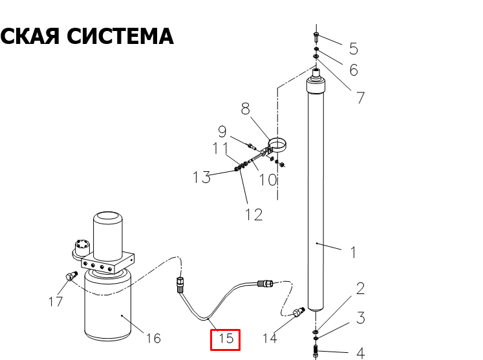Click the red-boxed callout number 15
226,339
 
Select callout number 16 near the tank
153,338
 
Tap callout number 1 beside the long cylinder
353,253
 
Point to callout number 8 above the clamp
245,109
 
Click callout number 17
56,301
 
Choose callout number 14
270,338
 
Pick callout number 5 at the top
354,48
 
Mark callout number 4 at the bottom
361,354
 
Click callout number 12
254,215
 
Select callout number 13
202,177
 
